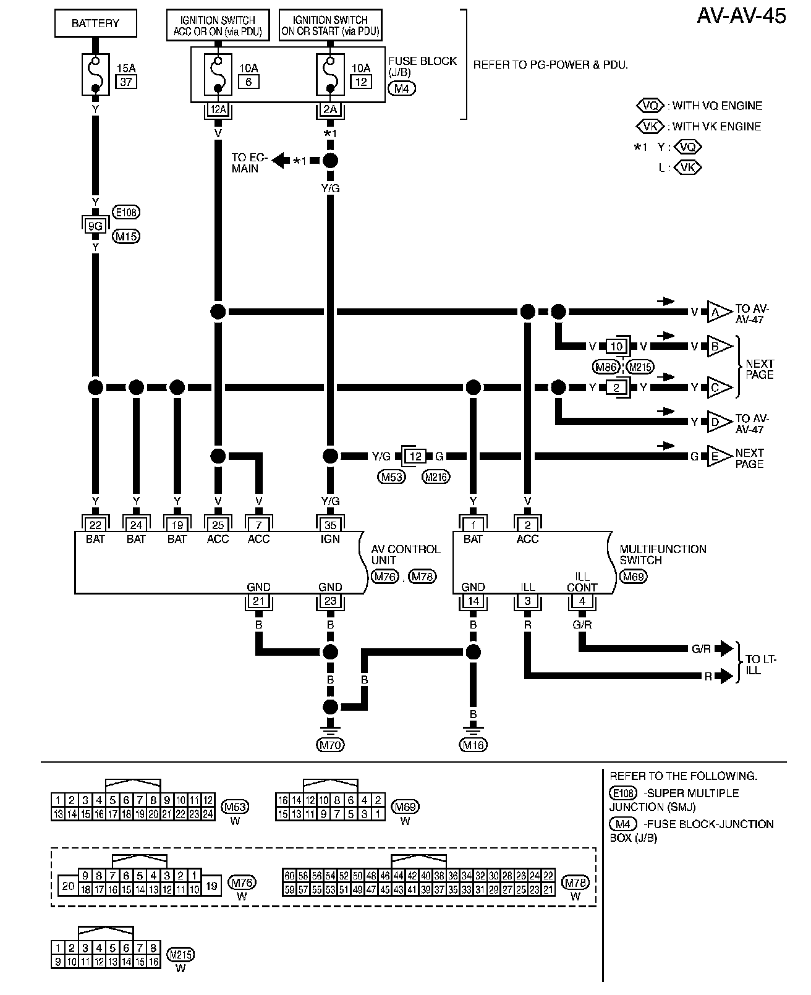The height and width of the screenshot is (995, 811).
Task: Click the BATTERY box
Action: tap(95, 24)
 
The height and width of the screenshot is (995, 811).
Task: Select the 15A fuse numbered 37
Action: tap(96, 74)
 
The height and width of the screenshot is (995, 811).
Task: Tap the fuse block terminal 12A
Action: tap(218, 110)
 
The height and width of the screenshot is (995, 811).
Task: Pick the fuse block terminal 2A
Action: tap(330, 110)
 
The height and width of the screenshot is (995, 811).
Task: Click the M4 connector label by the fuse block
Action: tap(402, 88)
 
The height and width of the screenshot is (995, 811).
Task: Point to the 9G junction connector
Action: tap(95, 226)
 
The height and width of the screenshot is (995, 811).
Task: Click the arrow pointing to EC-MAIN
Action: tap(281, 161)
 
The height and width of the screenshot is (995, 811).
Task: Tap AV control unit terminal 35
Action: tap(330, 525)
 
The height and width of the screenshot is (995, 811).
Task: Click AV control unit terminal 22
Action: tap(95, 525)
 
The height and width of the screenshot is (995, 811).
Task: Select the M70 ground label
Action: tap(330, 745)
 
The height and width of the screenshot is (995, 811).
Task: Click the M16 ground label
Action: tap(473, 745)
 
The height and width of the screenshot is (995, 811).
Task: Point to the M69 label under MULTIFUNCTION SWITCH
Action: tap(634, 577)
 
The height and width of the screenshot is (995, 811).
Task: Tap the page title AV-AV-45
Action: tap(741, 17)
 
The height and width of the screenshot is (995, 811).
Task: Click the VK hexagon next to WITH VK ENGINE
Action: tap(650, 126)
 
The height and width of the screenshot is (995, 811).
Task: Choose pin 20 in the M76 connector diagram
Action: tap(68, 886)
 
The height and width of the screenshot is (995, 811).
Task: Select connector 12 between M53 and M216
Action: tap(415, 457)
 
